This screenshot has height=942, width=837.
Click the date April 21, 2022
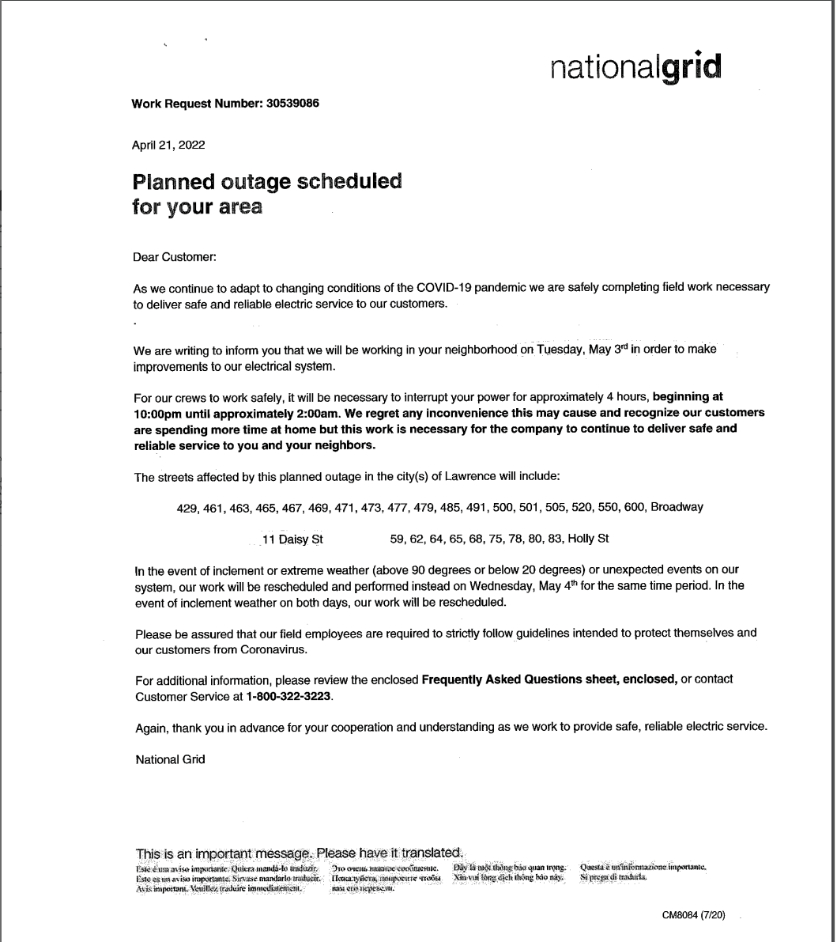pyautogui.click(x=169, y=144)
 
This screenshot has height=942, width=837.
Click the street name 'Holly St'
pyautogui.click(x=588, y=539)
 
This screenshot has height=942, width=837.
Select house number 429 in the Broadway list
pyautogui.click(x=187, y=508)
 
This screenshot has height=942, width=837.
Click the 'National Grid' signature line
pyautogui.click(x=170, y=760)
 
